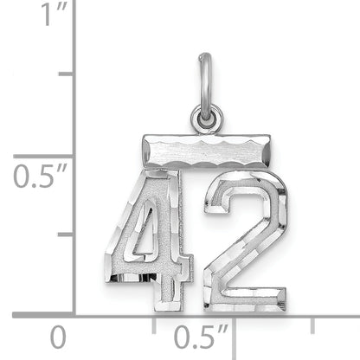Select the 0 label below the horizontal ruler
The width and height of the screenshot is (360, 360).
pyautogui.click(x=58, y=335)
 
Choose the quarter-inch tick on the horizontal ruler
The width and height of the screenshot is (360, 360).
pyautogui.click(x=154, y=325)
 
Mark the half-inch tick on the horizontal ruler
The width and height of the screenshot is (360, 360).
pyautogui.click(x=234, y=325)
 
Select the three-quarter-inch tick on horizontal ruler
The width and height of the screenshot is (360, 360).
pyautogui.click(x=312, y=325)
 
